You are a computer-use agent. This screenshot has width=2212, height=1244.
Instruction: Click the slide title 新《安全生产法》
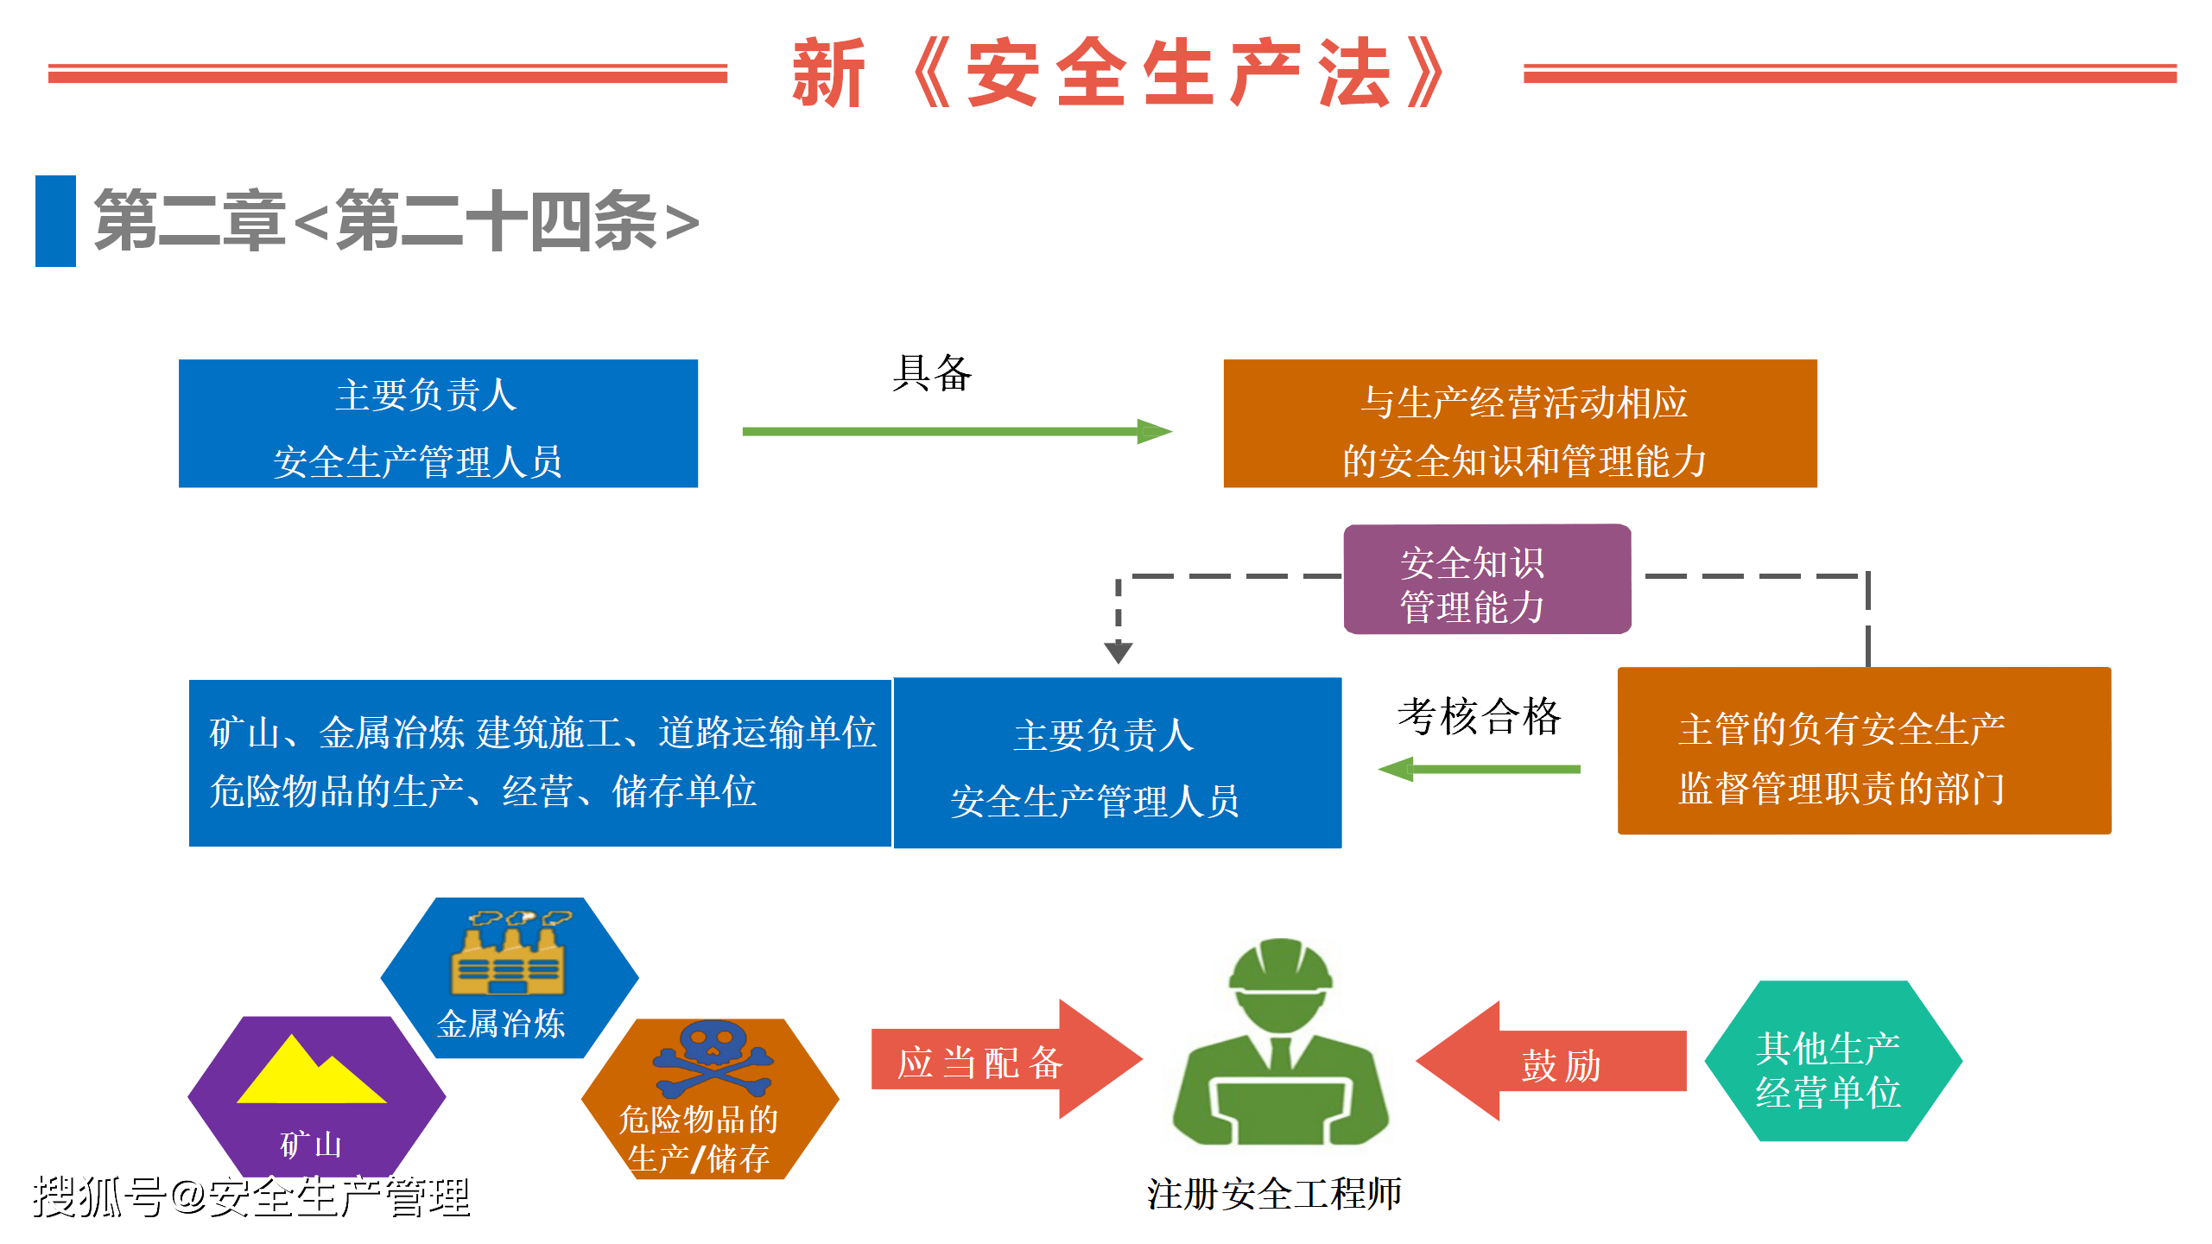[1119, 73]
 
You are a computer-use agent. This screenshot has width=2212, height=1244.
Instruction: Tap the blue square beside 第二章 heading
[55, 221]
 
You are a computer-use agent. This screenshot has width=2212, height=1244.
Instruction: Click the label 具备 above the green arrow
[932, 373]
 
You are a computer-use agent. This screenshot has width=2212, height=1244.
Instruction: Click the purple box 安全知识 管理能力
[1486, 580]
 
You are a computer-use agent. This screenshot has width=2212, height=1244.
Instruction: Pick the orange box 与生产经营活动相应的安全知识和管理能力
[1519, 424]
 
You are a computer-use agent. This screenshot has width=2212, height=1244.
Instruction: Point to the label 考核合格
[1479, 716]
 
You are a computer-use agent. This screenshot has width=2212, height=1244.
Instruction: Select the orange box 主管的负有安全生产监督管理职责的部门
[1863, 751]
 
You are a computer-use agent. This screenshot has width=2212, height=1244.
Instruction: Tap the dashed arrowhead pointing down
[1119, 651]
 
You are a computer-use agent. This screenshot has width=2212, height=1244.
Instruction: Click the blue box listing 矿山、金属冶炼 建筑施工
[540, 763]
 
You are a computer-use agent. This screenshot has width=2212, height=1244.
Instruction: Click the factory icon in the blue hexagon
[508, 954]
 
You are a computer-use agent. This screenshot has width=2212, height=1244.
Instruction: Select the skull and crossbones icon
[713, 1059]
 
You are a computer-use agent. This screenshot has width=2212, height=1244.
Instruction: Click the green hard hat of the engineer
[1280, 966]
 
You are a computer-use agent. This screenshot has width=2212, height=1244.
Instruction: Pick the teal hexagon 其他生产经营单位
[1832, 1061]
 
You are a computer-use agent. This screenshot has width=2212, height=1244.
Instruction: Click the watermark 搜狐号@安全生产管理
[251, 1197]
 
